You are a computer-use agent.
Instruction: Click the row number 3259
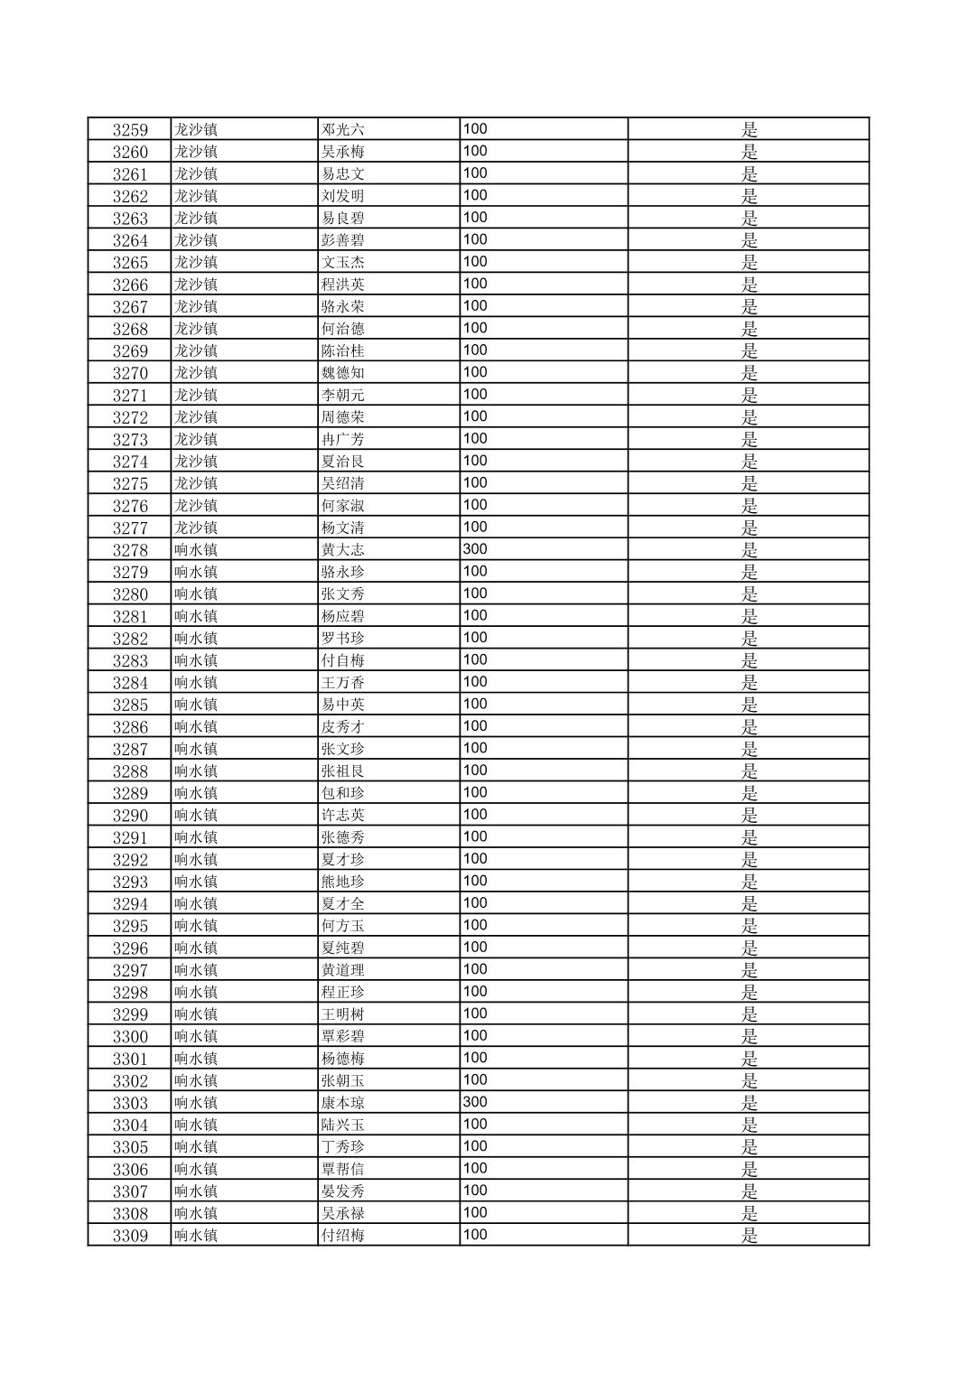click(x=130, y=129)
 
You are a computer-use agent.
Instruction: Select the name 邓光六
click(x=343, y=129)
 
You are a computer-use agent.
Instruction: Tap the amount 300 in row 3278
click(x=475, y=549)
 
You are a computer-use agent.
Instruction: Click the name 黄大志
click(x=343, y=550)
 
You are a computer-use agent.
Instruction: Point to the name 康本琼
click(x=343, y=1103)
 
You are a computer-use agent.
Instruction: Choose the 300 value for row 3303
click(x=475, y=1102)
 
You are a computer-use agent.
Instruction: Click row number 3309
click(x=130, y=1236)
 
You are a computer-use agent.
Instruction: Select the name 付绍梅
click(x=343, y=1236)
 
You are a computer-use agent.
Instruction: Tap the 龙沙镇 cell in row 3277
click(x=196, y=528)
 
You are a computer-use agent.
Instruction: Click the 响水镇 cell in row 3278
click(x=196, y=550)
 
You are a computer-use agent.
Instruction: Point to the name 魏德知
click(x=343, y=373)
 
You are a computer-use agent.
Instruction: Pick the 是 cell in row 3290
click(x=750, y=816)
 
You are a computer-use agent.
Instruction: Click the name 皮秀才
click(x=343, y=727)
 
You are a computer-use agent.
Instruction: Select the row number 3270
click(x=130, y=373)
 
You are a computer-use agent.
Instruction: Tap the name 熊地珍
click(x=343, y=882)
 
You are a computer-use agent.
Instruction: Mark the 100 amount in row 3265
click(x=475, y=262)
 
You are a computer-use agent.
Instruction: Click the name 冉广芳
click(x=343, y=439)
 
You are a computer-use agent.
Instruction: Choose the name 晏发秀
click(x=343, y=1191)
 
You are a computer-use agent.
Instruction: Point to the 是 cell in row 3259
click(x=750, y=129)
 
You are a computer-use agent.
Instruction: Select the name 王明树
click(x=343, y=1014)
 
